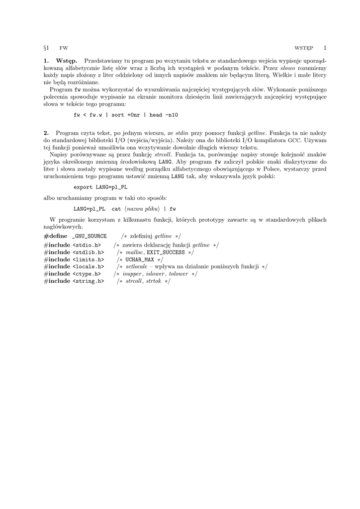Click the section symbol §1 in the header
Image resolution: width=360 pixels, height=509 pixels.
click(x=46, y=48)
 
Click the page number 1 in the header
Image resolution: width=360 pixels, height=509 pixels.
click(x=325, y=48)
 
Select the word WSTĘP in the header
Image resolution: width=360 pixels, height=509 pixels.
click(x=304, y=48)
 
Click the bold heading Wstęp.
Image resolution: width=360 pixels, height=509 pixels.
click(x=67, y=61)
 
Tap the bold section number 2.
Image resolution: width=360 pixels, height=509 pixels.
click(x=46, y=133)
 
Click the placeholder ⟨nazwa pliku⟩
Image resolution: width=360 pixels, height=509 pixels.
click(x=142, y=209)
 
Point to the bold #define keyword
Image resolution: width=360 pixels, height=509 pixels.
click(x=55, y=236)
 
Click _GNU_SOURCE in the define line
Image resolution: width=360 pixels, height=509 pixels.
click(x=90, y=236)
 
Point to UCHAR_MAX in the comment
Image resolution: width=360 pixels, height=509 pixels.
click(x=140, y=259)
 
